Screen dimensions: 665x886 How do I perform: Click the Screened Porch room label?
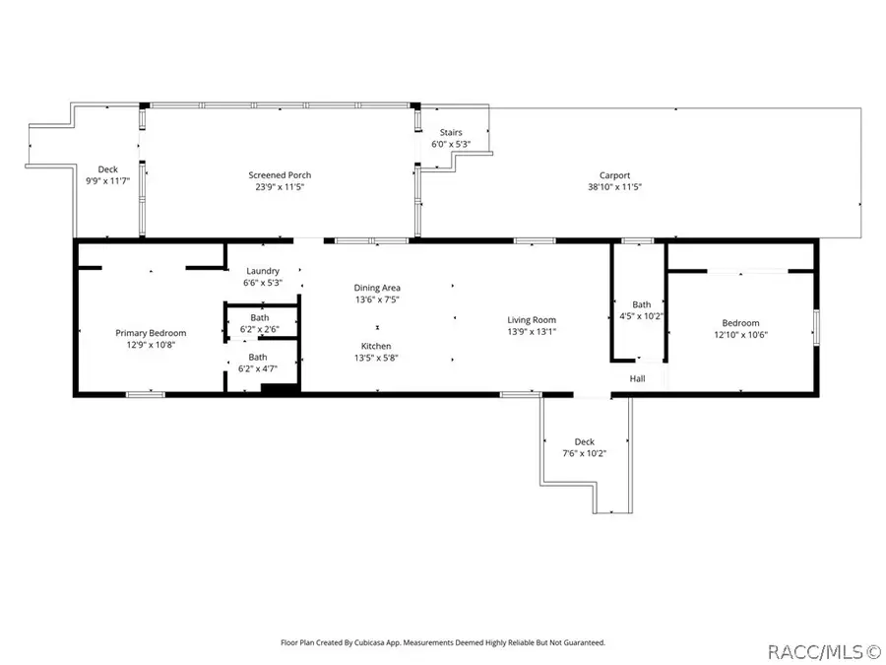point(280,175)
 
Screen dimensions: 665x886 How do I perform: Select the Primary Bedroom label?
point(151,333)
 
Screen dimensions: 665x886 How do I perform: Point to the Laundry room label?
point(262,271)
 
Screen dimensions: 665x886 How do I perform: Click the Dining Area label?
point(378,288)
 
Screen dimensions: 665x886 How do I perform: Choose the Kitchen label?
point(376,346)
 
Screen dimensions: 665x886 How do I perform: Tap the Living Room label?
point(532,319)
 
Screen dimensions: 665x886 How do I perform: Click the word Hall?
point(637,378)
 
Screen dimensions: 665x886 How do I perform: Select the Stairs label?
point(451,132)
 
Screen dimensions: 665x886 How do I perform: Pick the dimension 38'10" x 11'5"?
point(614,187)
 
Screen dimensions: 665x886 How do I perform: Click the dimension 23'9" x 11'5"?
point(280,187)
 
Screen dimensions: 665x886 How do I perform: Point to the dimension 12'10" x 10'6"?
point(740,335)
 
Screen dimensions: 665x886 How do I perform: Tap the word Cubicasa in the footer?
point(384,642)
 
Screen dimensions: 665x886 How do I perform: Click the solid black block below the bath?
point(279,389)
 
